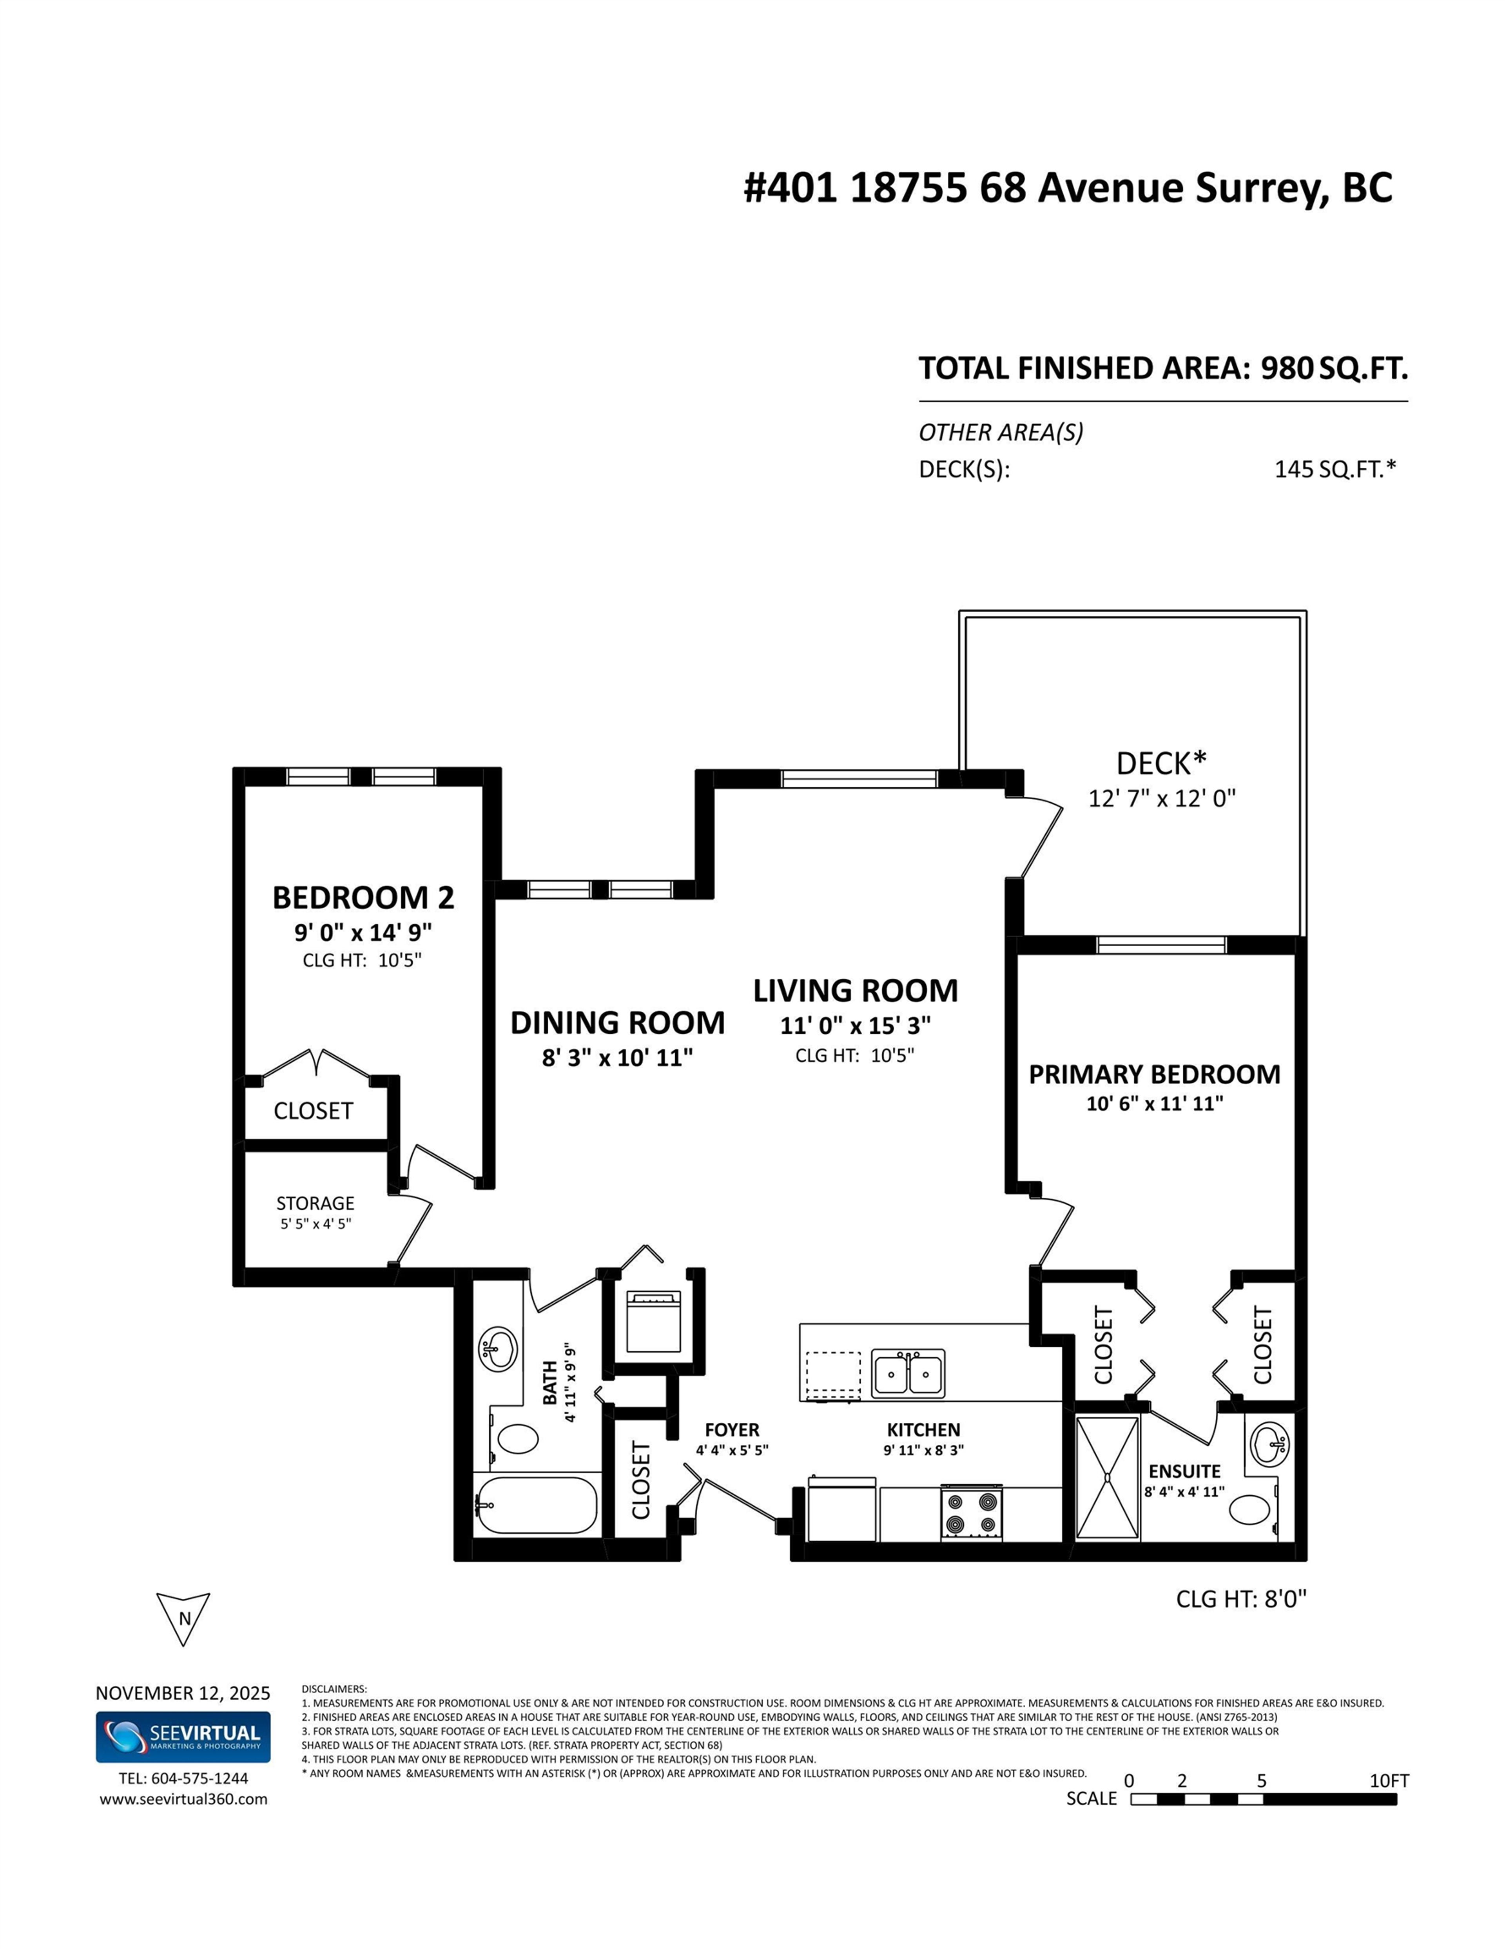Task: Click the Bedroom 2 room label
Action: click(363, 897)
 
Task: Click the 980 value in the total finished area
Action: click(1286, 369)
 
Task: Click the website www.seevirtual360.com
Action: click(183, 1799)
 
